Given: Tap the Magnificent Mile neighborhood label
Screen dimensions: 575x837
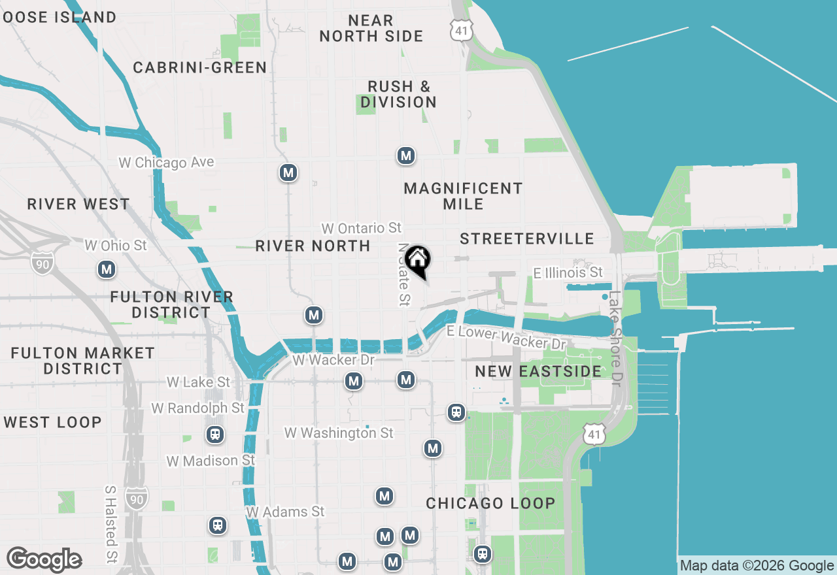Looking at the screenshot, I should tap(463, 196).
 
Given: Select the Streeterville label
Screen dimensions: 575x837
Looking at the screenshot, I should tap(526, 239).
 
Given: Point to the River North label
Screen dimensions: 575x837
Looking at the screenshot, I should tap(313, 246).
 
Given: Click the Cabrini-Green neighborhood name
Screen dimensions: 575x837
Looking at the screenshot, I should tap(199, 68).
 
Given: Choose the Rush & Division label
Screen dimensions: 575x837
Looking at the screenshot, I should tap(398, 95).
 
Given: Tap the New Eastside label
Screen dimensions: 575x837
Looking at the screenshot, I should tap(538, 372).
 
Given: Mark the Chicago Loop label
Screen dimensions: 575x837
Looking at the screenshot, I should tap(490, 504).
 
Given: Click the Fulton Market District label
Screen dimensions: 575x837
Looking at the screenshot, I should tap(83, 361).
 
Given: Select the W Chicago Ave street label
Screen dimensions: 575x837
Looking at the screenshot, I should tap(166, 163).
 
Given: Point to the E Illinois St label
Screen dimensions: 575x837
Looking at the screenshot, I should tap(568, 272).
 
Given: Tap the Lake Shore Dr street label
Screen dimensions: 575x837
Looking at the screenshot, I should tap(615, 338).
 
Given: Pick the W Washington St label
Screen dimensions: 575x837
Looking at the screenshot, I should tap(339, 433).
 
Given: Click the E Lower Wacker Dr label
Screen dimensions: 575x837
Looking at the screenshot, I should tap(506, 337).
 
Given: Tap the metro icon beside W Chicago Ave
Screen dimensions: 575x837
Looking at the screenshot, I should tap(288, 173).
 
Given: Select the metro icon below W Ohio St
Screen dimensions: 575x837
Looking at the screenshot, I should tap(106, 269).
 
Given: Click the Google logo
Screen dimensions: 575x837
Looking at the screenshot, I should tap(44, 560).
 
